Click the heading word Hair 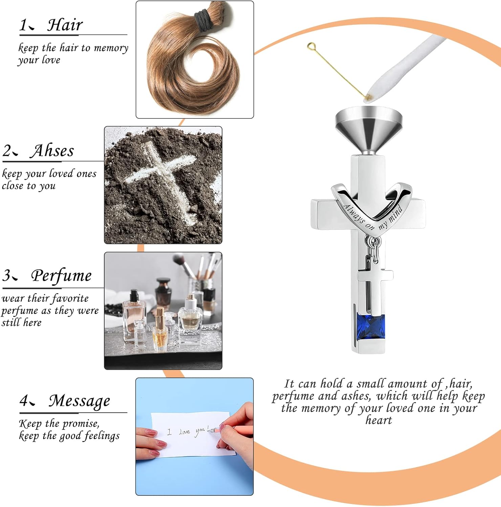65,25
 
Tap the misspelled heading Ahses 52,150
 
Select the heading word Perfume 61,276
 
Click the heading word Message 79,401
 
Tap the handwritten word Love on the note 184,432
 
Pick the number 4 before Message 24,401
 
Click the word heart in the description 378,420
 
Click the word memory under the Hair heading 111,48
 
